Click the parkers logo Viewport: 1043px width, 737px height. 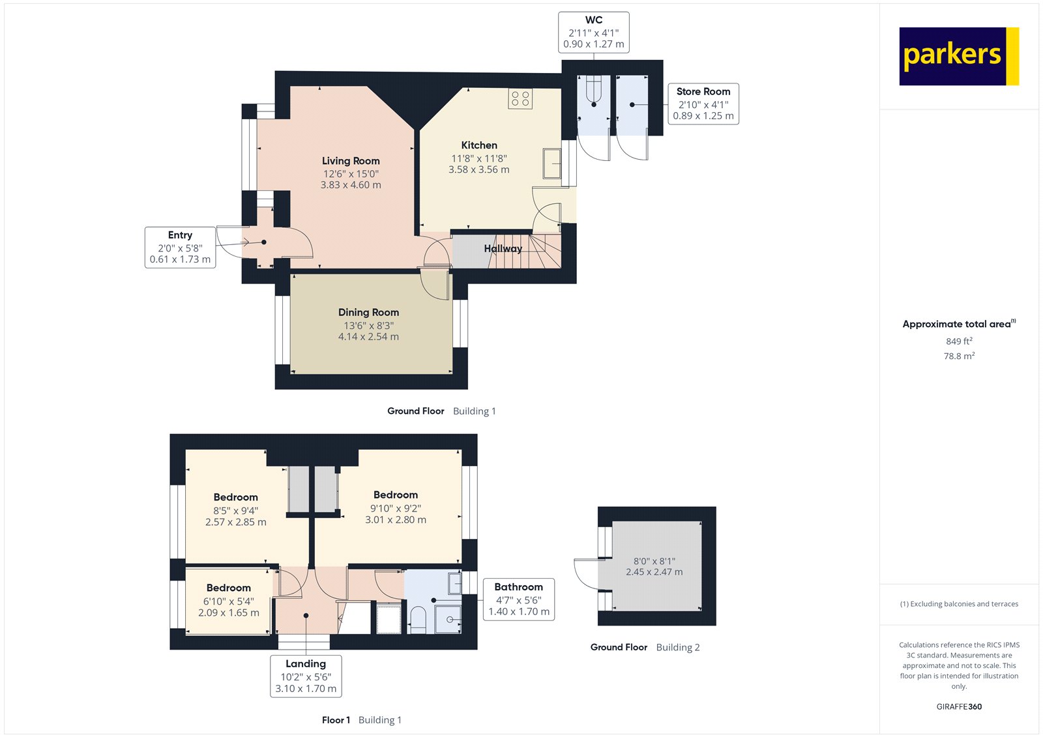(958, 56)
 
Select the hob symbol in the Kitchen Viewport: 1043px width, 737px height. (520, 99)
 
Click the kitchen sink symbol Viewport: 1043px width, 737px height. (552, 163)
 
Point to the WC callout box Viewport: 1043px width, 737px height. (593, 32)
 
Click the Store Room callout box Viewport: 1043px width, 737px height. (703, 104)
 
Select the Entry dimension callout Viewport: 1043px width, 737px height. (180, 247)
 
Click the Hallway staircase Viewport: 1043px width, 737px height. (521, 252)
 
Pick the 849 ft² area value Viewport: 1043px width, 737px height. (959, 341)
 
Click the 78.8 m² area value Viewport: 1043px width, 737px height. (959, 356)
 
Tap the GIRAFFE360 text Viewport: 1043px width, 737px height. (959, 706)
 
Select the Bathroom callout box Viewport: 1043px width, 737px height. (518, 600)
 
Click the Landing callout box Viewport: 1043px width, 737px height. (306, 676)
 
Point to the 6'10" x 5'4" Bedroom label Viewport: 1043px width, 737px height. (229, 600)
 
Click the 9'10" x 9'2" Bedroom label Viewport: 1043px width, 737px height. (396, 507)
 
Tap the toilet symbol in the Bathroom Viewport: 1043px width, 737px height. (417, 619)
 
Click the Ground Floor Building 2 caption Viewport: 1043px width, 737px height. (645, 647)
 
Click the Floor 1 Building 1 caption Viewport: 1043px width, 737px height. (361, 720)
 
